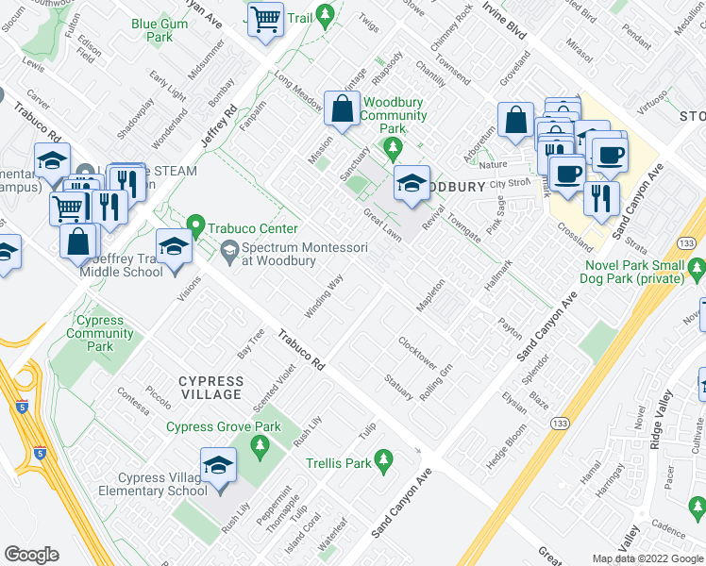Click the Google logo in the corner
(31, 555)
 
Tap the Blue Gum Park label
(152, 30)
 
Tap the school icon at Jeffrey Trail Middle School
(174, 247)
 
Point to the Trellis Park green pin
(382, 459)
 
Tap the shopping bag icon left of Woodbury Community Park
(342, 109)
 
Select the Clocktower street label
(418, 353)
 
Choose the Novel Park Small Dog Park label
(634, 273)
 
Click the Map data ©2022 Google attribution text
(647, 558)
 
